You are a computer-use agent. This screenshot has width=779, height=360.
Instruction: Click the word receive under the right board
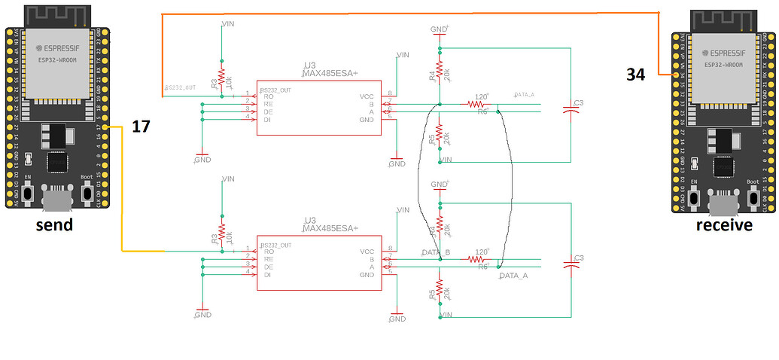pos(724,225)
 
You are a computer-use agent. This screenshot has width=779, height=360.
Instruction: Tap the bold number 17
pos(141,127)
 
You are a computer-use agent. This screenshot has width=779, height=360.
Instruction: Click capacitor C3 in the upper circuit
pos(573,110)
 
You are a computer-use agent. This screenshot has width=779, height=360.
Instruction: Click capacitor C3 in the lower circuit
pos(573,264)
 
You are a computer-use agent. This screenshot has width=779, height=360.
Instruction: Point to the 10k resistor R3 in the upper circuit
pos(221,81)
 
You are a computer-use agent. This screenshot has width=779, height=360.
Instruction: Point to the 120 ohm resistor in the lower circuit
pos(479,258)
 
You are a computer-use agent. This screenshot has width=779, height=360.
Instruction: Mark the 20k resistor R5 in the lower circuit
pos(439,292)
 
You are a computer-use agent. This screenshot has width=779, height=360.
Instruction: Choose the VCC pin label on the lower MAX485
pos(367,252)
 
